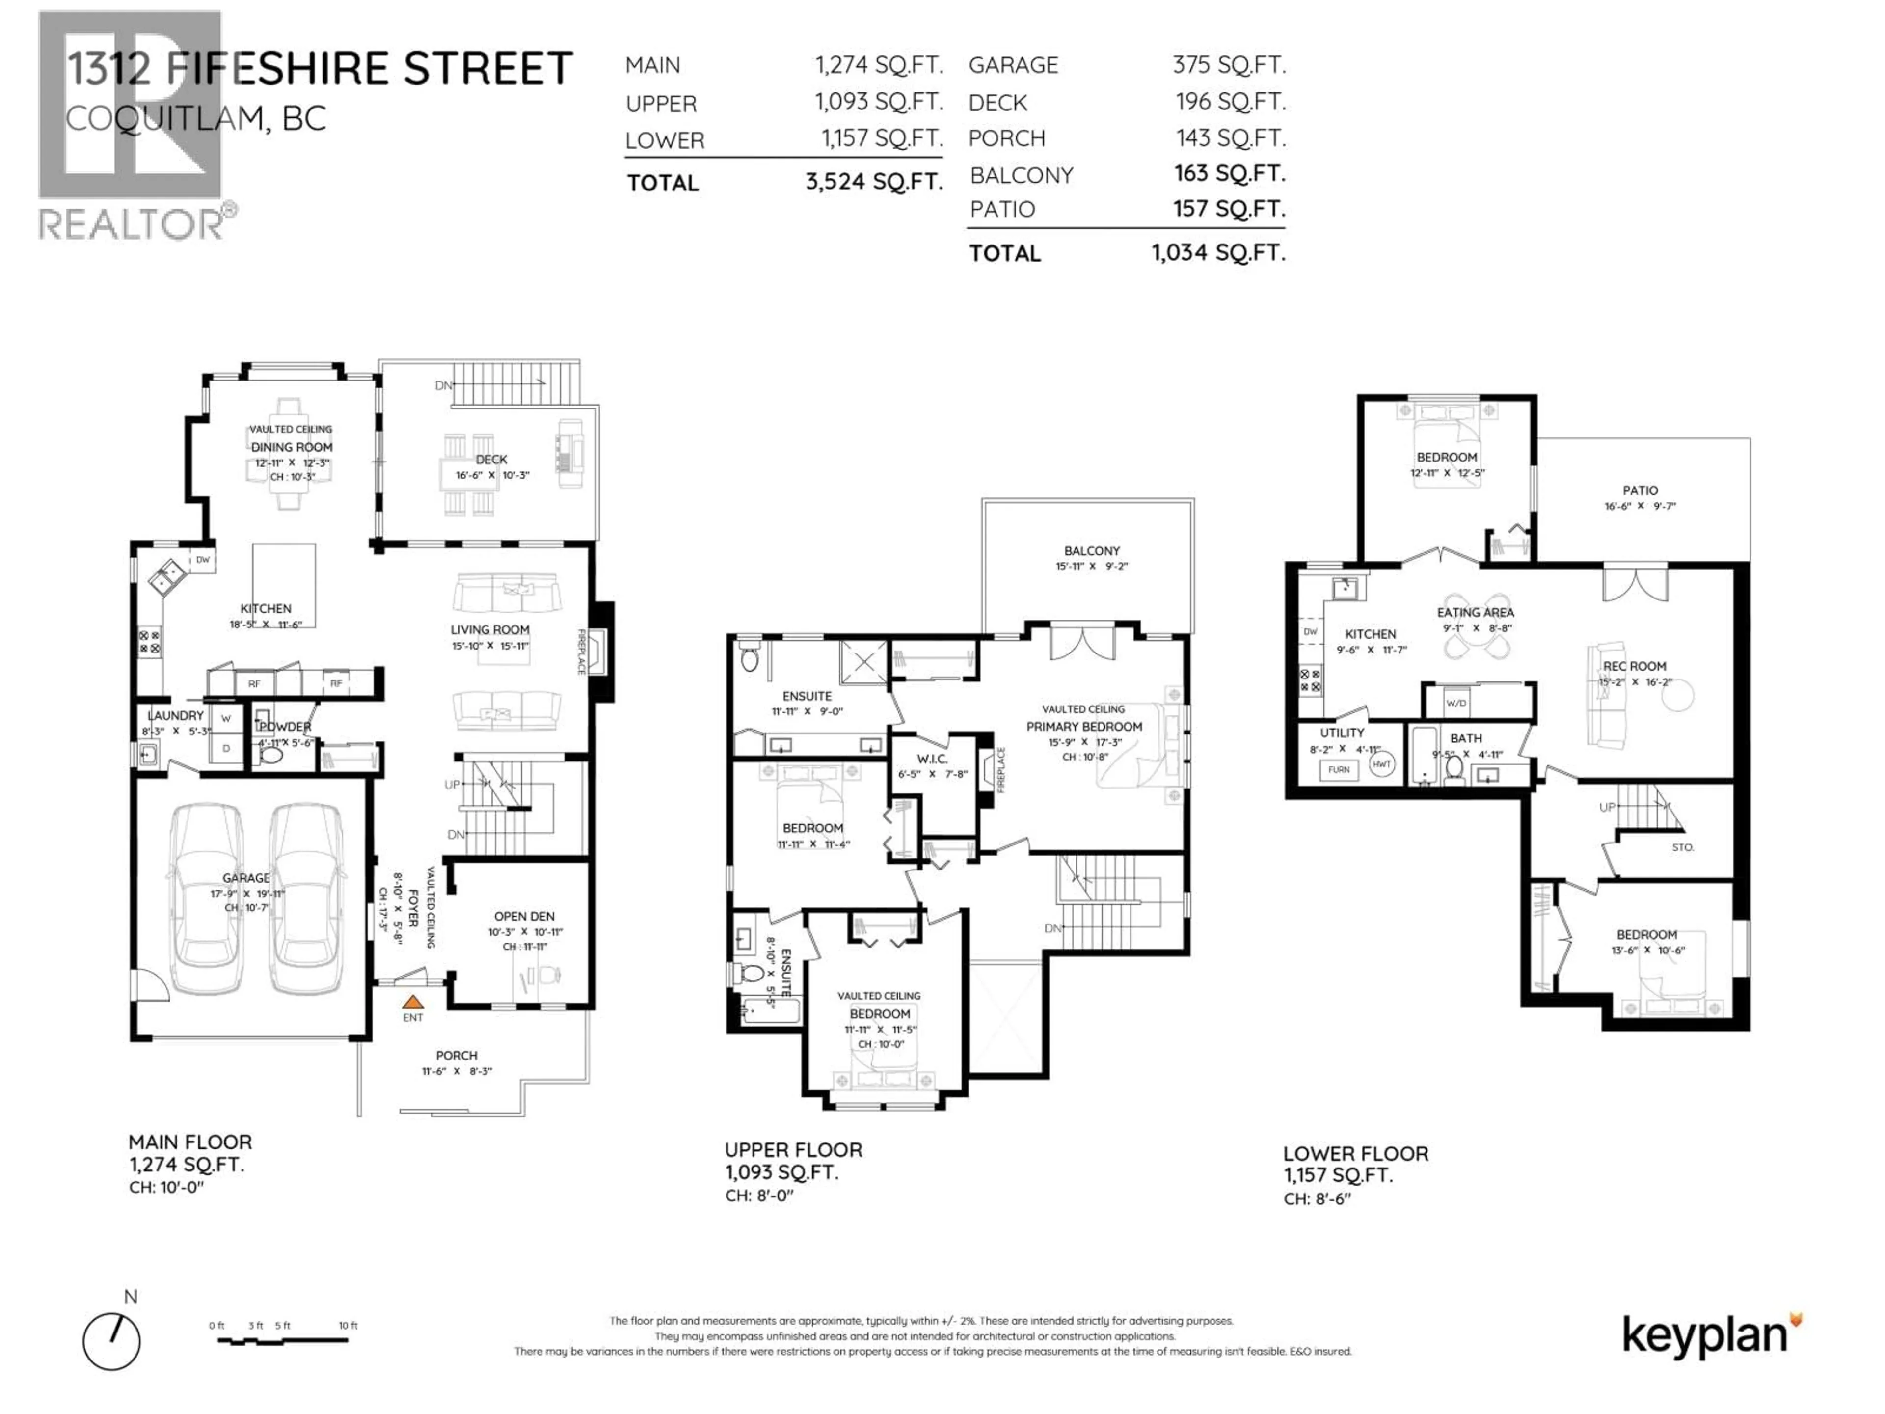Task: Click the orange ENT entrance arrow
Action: [x=412, y=1003]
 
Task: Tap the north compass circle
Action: [x=111, y=1341]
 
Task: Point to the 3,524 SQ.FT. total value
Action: [x=873, y=182]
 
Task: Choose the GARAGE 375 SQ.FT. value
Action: [x=1228, y=65]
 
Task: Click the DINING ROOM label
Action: [x=292, y=447]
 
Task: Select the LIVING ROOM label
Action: [x=490, y=630]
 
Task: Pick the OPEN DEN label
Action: [x=524, y=916]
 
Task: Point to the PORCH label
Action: [x=457, y=1055]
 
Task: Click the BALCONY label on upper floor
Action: [x=1092, y=550]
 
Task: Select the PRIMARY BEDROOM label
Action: [x=1084, y=726]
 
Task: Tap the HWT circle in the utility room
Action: [x=1381, y=764]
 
